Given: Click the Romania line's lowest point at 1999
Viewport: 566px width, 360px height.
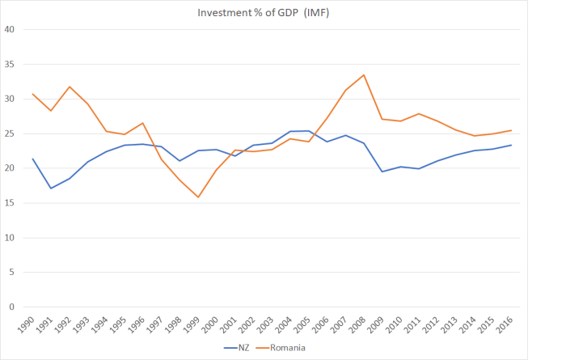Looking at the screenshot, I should pos(199,197).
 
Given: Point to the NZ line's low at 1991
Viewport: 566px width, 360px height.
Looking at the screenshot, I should pos(51,188).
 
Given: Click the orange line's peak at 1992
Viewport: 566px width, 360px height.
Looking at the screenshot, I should pos(70,87).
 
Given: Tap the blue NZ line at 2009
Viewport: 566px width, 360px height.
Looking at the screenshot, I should pos(382,172).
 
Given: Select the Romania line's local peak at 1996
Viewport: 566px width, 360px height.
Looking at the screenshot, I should pos(143,123).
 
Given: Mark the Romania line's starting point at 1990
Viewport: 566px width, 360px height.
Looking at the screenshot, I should pos(33,94).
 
